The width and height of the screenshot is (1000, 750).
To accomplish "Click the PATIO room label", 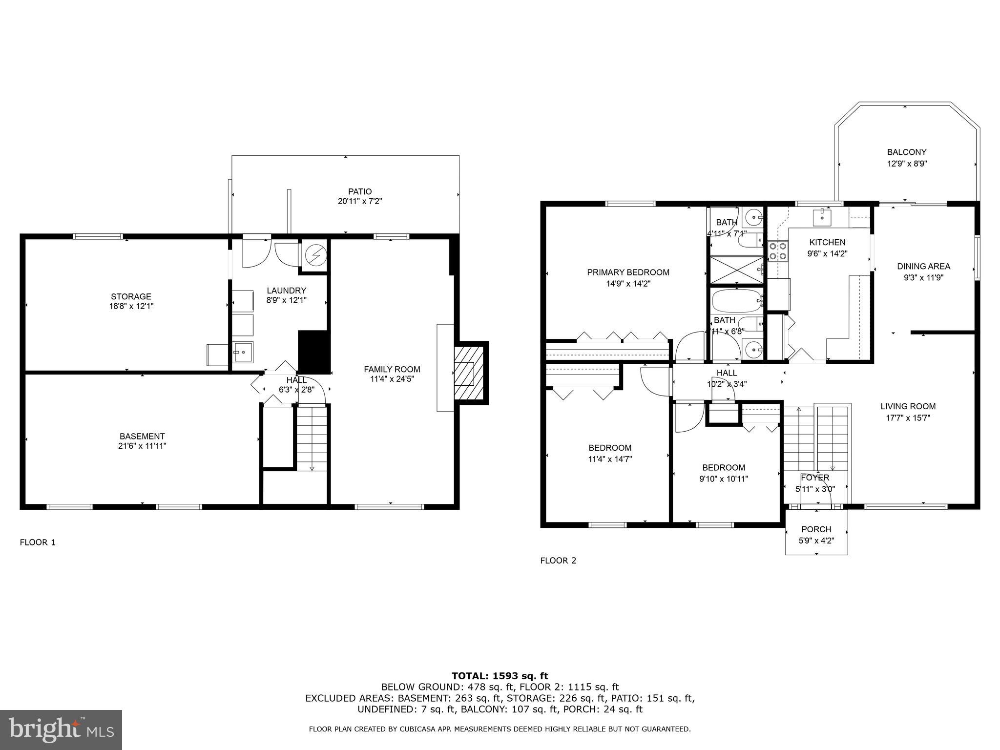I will (x=359, y=191).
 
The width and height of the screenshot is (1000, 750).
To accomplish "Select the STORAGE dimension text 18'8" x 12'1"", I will (x=131, y=306).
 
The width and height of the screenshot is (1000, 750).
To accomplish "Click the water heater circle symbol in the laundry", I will (x=315, y=254).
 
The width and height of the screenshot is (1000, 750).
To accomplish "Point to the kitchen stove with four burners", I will (x=778, y=251).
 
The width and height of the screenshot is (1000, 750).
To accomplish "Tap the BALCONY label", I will (x=907, y=152).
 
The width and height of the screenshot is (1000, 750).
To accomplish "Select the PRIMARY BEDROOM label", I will (x=628, y=272).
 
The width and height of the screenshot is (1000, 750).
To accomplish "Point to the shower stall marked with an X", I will (x=735, y=270).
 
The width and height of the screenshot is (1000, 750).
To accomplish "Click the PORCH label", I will (x=816, y=529).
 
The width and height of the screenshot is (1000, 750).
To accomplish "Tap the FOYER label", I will (x=815, y=478).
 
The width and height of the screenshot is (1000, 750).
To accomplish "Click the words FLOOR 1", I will (x=38, y=542).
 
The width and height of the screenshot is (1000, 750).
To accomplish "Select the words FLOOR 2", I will (x=558, y=561).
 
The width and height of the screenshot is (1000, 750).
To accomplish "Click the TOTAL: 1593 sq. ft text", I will (x=500, y=676).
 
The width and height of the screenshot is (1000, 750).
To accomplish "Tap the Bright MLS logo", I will (x=61, y=729).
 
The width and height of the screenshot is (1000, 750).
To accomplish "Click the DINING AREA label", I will (x=923, y=267).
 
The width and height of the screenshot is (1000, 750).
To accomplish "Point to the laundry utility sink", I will (x=242, y=352).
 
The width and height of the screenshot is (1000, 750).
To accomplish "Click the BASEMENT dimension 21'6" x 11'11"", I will (x=142, y=446).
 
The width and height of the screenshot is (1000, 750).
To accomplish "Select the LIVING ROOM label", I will (x=908, y=406).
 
